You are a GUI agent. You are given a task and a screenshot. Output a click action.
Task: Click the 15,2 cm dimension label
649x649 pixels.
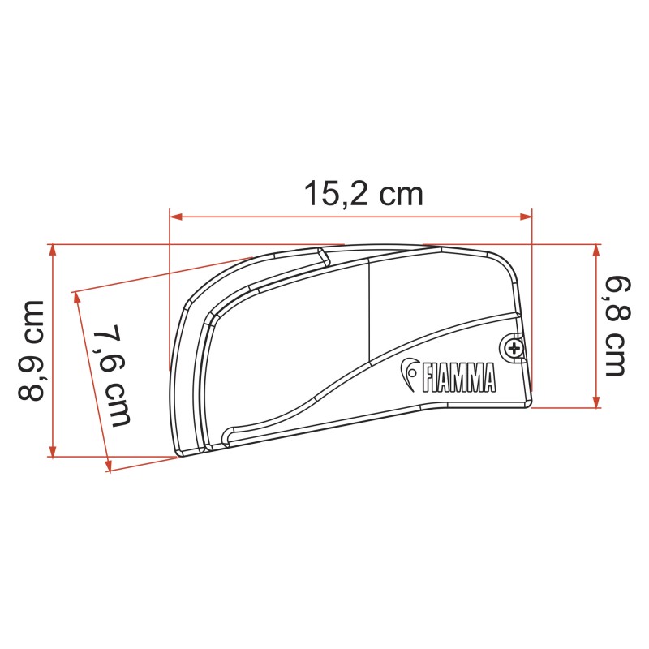point(363,194)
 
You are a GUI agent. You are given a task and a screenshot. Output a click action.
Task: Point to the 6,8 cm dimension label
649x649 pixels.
point(614,326)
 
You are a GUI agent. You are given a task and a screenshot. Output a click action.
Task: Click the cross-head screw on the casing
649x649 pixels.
point(513,349)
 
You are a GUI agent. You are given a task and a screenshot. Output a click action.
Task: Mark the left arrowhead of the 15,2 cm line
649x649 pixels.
point(174,217)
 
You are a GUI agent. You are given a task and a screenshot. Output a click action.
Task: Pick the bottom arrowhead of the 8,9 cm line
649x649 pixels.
point(54,452)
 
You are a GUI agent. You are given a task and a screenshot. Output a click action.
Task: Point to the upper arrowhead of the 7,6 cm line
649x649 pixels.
point(77,297)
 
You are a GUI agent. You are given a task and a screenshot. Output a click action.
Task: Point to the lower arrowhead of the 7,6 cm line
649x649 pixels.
point(108,466)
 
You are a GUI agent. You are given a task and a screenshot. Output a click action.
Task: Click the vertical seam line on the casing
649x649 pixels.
point(370,312)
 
